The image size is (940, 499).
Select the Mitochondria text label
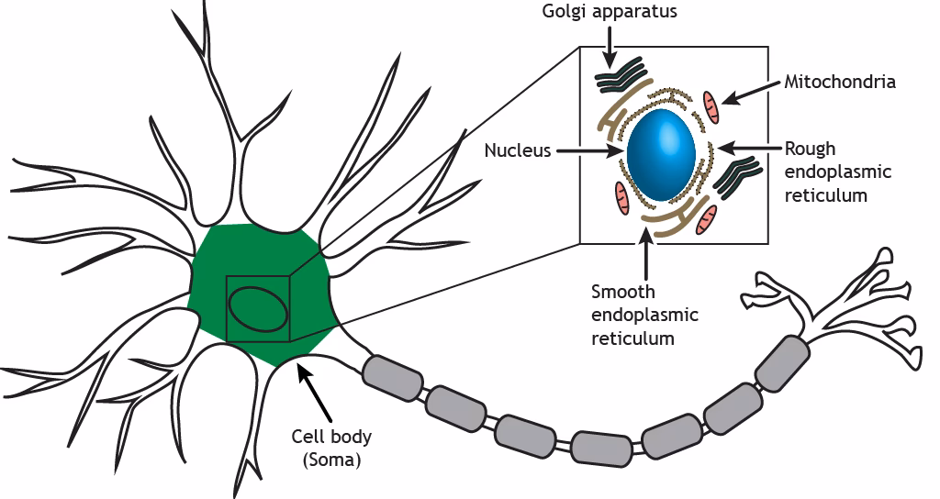coord(840,82)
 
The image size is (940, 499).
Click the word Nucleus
coord(518,150)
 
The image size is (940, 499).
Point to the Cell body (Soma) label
coord(331,448)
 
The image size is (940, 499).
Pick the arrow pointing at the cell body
coord(316,390)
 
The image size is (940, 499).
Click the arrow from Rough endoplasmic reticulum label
coord(748,147)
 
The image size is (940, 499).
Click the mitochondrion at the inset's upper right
coord(712,106)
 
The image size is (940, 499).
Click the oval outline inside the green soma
coord(258,309)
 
